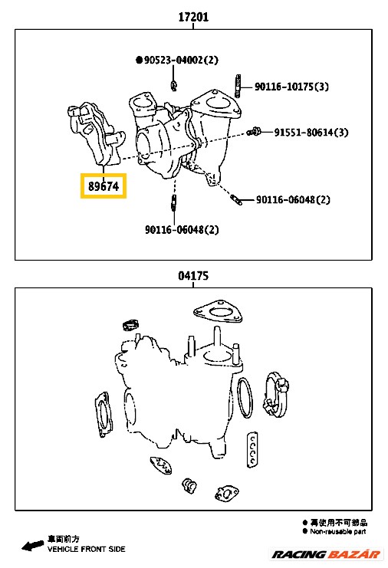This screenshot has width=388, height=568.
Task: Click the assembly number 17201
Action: pyautogui.click(x=193, y=17)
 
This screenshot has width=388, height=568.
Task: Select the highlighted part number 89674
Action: pyautogui.click(x=104, y=186)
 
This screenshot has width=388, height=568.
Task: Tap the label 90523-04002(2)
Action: pyautogui.click(x=181, y=60)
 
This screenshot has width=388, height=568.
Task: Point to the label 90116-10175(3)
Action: pyautogui.click(x=291, y=87)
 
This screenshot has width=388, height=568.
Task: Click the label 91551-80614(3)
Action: pyautogui.click(x=311, y=132)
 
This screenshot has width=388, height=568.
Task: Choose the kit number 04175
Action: pyautogui.click(x=193, y=276)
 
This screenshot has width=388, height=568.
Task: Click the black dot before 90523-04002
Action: pyautogui.click(x=139, y=60)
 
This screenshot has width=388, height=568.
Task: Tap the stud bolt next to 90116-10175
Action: pyautogui.click(x=238, y=86)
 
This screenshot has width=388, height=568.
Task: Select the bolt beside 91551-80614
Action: pyautogui.click(x=255, y=132)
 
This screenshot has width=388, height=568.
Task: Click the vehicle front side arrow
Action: pyautogui.click(x=33, y=545)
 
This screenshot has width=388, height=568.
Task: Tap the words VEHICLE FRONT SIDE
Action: pyautogui.click(x=86, y=549)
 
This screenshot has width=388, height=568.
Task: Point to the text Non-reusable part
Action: pyautogui.click(x=337, y=531)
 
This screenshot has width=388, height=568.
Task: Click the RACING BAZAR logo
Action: pyautogui.click(x=326, y=554)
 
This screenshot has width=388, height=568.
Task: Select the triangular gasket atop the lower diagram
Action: pyautogui.click(x=217, y=312)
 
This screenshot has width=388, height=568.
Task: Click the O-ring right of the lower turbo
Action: pyautogui.click(x=245, y=397)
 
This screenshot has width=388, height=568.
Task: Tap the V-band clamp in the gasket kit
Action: pyautogui.click(x=277, y=394)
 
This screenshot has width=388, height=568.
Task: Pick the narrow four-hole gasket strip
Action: pyautogui.click(x=252, y=449)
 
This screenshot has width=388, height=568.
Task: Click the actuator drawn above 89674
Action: pyautogui.click(x=97, y=134)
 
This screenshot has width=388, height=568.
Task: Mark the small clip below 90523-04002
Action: pyautogui.click(x=174, y=85)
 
